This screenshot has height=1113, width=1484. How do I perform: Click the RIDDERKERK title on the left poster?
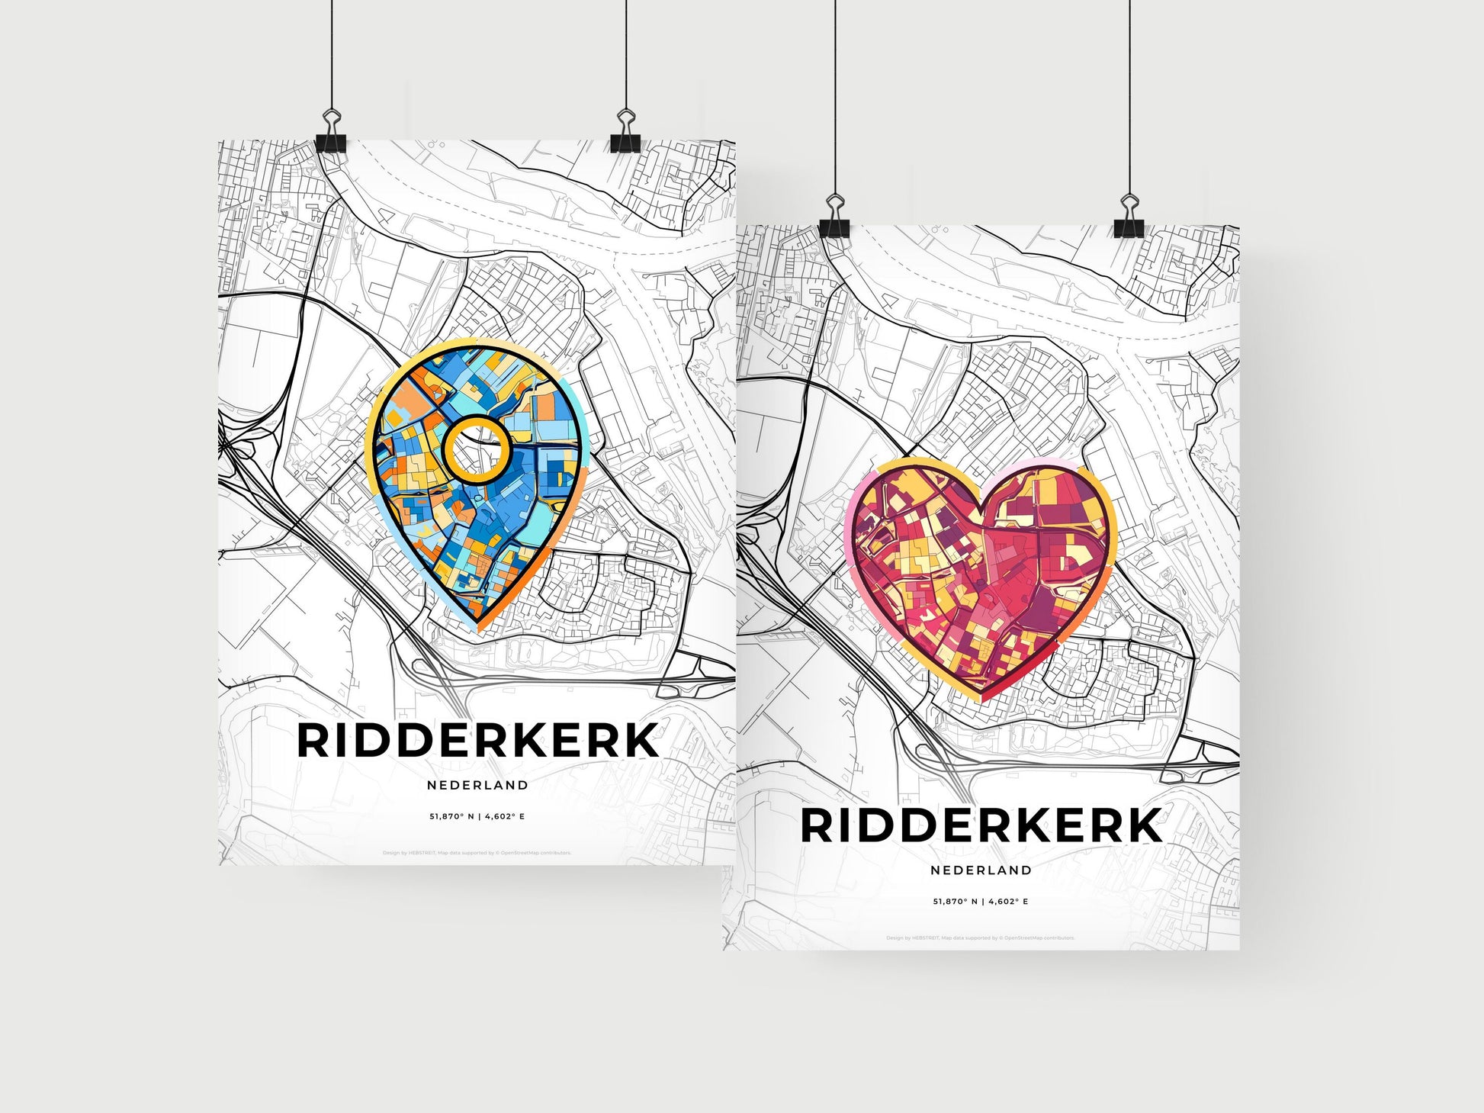(477, 741)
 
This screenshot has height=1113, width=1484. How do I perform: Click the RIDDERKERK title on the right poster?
(981, 826)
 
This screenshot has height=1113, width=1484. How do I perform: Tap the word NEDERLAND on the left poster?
(477, 785)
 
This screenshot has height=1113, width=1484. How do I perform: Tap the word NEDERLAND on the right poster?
(981, 870)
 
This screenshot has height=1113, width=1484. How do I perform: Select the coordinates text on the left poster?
(477, 816)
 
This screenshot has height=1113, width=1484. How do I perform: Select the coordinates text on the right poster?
(981, 901)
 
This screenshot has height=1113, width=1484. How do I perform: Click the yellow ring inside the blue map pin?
(477, 450)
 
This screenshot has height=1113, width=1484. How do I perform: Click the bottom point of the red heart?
(983, 697)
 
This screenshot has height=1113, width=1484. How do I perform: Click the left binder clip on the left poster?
(332, 133)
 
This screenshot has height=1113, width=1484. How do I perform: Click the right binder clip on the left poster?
(625, 133)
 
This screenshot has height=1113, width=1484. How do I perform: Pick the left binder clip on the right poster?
(835, 217)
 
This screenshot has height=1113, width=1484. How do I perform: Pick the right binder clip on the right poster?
(1129, 217)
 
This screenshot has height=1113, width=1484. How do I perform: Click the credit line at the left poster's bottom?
(477, 853)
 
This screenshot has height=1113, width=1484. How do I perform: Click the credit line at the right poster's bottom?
(981, 938)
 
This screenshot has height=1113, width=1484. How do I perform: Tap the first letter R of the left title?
(313, 741)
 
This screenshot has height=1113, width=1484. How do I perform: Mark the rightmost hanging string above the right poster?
(1129, 92)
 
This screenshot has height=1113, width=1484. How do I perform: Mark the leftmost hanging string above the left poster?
(332, 53)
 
